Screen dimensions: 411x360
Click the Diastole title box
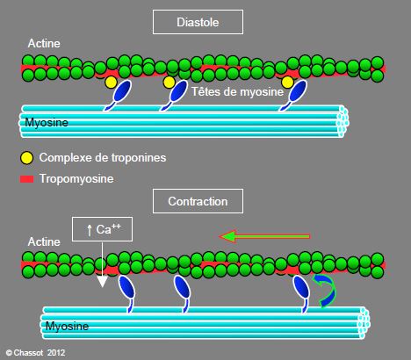(x=198, y=22)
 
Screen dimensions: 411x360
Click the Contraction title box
(x=198, y=201)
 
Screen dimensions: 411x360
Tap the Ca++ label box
(x=102, y=229)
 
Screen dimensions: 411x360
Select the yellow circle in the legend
(x=26, y=158)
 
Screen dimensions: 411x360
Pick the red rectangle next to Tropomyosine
(x=26, y=179)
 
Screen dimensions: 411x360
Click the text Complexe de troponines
(x=103, y=158)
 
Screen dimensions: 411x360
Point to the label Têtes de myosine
(x=237, y=92)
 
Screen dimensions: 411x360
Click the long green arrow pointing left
(x=264, y=236)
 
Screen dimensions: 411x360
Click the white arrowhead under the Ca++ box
(x=102, y=282)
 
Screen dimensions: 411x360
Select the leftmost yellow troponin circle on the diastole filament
(x=112, y=83)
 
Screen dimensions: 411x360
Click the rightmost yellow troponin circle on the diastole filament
(x=287, y=83)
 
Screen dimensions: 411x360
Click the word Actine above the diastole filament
(x=44, y=44)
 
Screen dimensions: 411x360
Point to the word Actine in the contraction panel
(x=44, y=241)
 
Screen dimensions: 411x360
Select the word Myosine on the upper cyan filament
(x=47, y=122)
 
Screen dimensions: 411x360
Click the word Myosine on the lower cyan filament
(x=67, y=326)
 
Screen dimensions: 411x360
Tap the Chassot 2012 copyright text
(x=35, y=353)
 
